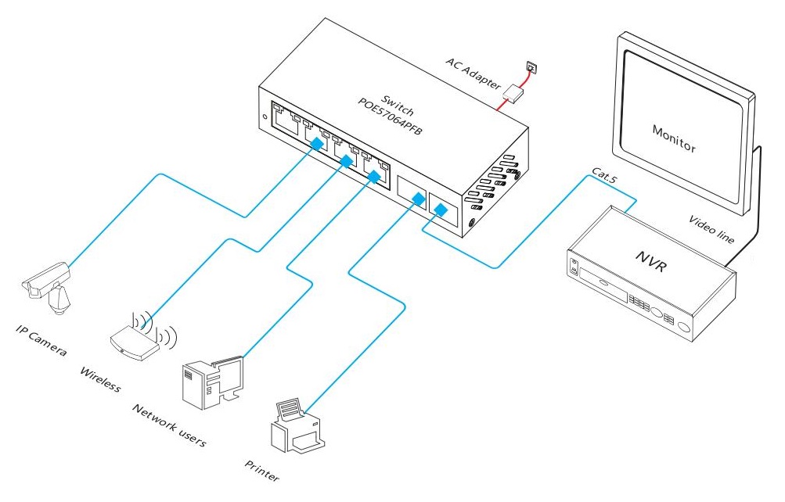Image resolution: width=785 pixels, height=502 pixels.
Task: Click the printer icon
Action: pos(297,425)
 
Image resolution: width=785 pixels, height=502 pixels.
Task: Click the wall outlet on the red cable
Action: pos(532,67)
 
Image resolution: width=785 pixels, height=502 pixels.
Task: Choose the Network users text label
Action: pos(169,425)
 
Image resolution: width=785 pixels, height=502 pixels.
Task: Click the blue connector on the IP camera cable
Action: pos(316,144)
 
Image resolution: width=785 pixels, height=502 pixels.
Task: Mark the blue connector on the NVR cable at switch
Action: pos(440,210)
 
